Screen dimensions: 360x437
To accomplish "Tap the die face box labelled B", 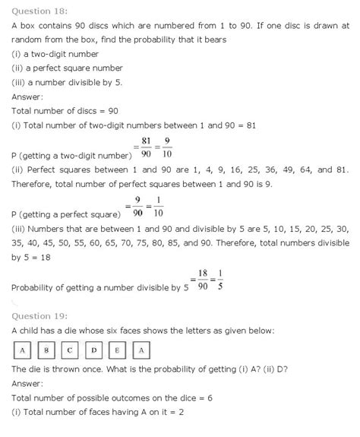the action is pyautogui.click(x=46, y=350).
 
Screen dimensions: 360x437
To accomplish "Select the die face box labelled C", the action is pyautogui.click(x=70, y=350).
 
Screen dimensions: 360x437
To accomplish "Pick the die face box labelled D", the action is pyautogui.click(x=93, y=350).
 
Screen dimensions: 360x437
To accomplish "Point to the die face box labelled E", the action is pyautogui.click(x=117, y=350).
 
